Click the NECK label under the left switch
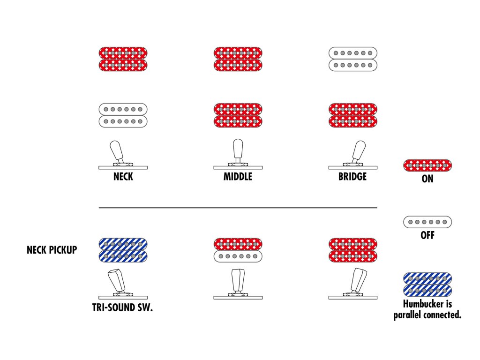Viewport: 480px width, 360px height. point(123,177)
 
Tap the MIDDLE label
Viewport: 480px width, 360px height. point(238,177)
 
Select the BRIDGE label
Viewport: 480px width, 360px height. point(352,177)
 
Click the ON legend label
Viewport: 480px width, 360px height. point(427,179)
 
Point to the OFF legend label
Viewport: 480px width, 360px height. point(427,235)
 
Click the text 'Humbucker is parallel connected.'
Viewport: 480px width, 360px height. point(427,311)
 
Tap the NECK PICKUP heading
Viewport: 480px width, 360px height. point(52,250)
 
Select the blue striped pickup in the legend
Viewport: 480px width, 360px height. point(427,285)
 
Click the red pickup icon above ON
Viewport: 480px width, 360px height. point(427,165)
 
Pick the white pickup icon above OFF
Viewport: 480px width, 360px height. point(427,222)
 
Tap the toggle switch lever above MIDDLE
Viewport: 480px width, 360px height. point(238,149)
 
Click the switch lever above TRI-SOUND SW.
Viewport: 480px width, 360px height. point(117,280)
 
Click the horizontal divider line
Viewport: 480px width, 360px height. point(238,207)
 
